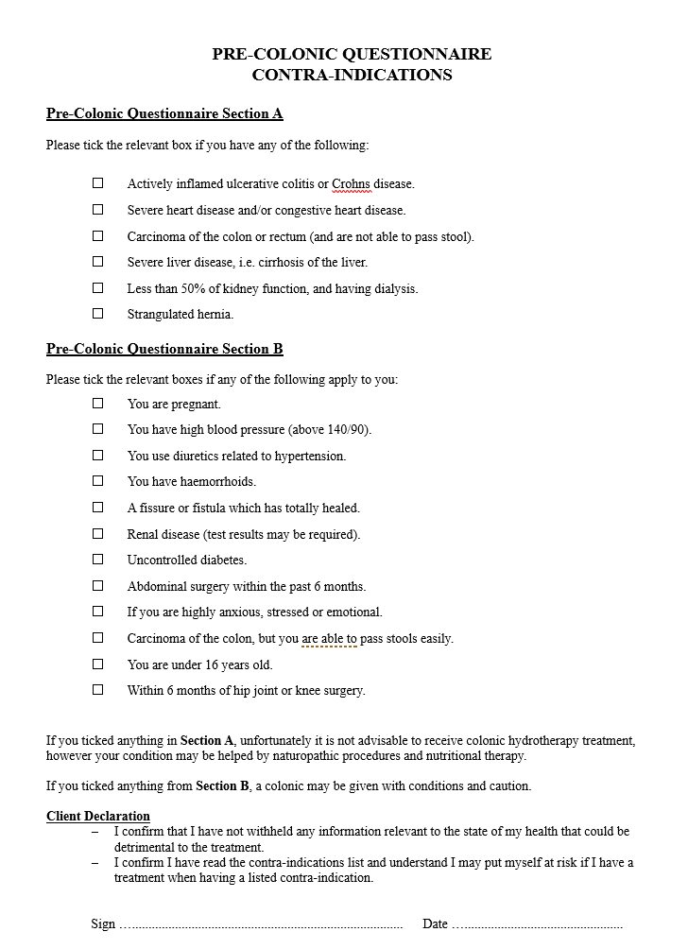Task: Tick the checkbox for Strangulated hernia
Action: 97,314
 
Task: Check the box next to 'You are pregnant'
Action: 97,404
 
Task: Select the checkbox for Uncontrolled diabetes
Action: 97,560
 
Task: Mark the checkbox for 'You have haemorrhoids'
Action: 97,481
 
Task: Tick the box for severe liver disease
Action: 97,262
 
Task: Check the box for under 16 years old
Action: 97,664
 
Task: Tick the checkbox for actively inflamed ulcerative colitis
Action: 97,183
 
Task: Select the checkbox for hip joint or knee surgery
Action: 97,690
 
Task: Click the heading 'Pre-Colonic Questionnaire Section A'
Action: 164,114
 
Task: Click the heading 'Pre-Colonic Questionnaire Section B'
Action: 164,349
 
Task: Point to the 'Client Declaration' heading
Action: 98,816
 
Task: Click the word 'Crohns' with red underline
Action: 351,184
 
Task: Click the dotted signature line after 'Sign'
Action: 261,924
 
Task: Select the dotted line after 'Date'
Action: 537,924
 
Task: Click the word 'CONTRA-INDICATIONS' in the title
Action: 352,76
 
